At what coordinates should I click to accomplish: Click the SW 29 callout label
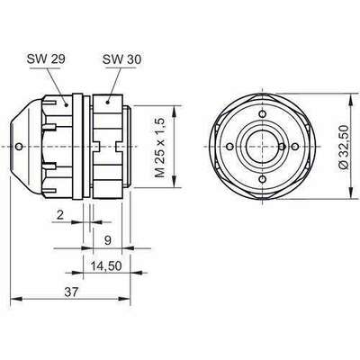pyautogui.click(x=46, y=58)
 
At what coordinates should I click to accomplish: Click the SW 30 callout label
pyautogui.click(x=121, y=59)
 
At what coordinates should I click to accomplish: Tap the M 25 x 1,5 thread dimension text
pyautogui.click(x=160, y=147)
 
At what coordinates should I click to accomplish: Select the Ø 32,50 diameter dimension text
pyautogui.click(x=344, y=147)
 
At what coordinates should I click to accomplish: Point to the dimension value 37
pyautogui.click(x=71, y=292)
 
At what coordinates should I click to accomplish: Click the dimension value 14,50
pyautogui.click(x=106, y=265)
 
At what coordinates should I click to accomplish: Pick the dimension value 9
pyautogui.click(x=108, y=240)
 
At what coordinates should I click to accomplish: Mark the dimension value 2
pyautogui.click(x=60, y=215)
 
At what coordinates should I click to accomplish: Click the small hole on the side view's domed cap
pyautogui.click(x=19, y=147)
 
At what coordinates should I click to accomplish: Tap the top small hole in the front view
pyautogui.click(x=263, y=114)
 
